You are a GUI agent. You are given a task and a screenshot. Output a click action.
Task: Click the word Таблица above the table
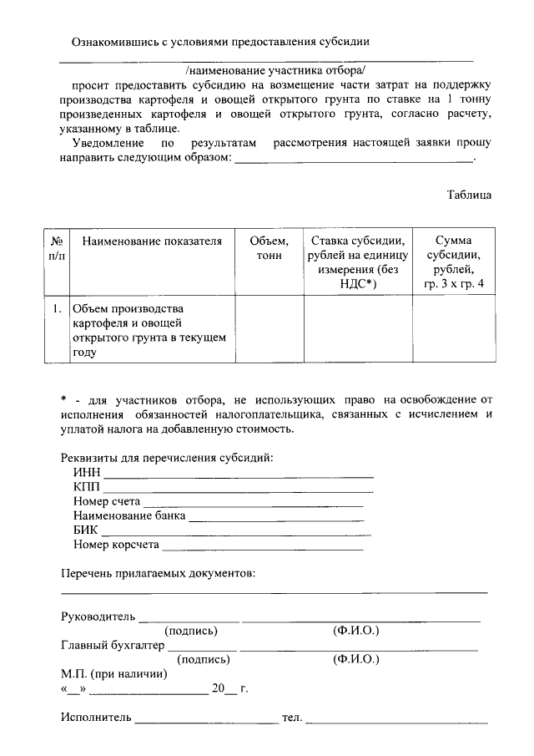coord(469,195)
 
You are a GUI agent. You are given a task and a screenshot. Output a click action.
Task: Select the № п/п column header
coord(57,248)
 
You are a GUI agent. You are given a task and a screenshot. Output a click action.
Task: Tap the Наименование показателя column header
coord(152,241)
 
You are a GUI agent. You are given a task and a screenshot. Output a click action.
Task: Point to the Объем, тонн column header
coord(269,248)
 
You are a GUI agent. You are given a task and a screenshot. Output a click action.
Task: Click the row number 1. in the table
coord(57,309)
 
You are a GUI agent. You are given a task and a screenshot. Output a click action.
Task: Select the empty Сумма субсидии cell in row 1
coord(453,330)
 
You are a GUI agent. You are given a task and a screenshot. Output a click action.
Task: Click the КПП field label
coord(87,487)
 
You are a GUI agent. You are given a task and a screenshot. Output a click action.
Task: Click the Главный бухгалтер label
coord(113,645)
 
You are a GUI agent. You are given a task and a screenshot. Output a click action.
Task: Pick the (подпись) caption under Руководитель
coord(191,631)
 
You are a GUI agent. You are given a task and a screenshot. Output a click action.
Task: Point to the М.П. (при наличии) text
coord(113,673)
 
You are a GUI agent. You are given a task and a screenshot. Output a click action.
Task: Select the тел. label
coord(292,717)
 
